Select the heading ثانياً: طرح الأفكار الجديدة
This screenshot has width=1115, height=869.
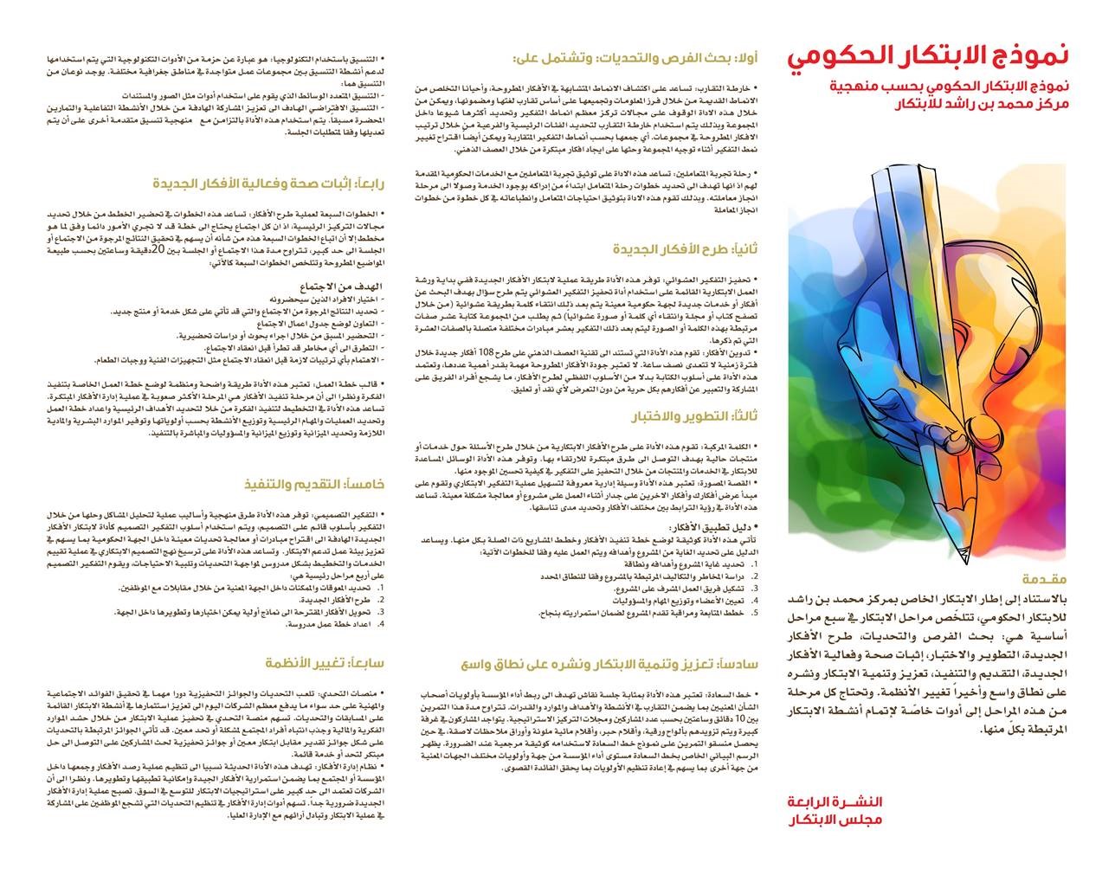tap(685, 249)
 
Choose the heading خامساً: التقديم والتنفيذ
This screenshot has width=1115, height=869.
tap(314, 485)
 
